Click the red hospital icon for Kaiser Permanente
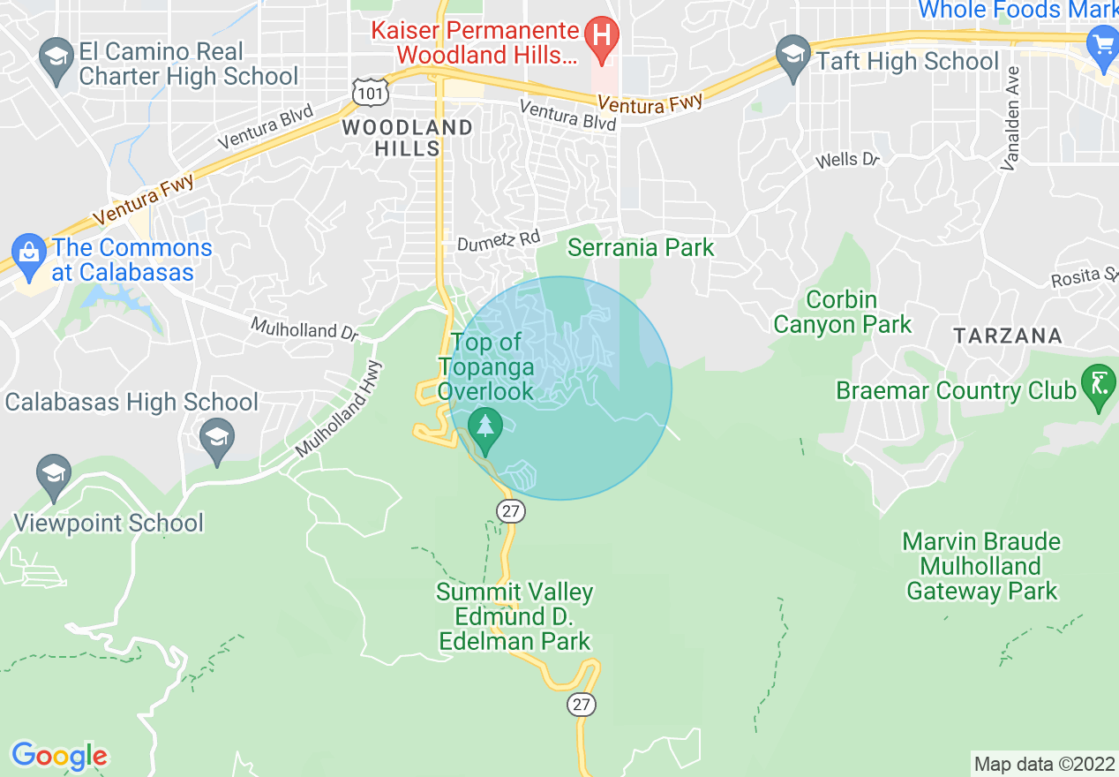603,38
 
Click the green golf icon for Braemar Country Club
1099,387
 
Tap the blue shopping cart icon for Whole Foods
1102,44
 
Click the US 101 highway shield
366,90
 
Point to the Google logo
59,756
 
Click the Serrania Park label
640,247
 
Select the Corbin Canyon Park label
842,313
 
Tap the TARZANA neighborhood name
1007,336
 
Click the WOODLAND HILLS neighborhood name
407,138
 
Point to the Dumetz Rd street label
498,240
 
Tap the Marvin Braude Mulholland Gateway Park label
981,566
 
